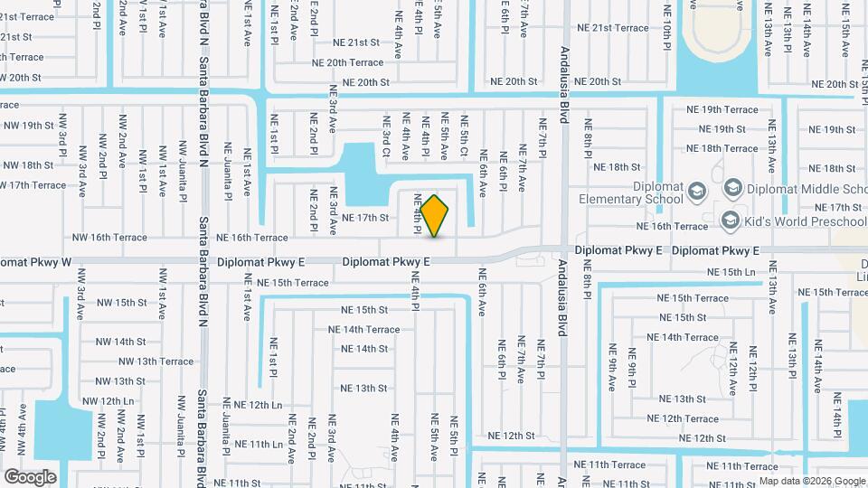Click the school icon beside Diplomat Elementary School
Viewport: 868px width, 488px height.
[696, 191]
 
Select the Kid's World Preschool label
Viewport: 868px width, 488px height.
[804, 221]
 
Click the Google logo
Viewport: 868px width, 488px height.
[30, 476]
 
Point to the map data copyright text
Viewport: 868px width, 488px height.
[812, 481]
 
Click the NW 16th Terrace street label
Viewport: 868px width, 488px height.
[108, 238]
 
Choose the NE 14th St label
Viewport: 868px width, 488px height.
[364, 349]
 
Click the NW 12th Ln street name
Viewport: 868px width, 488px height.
[108, 401]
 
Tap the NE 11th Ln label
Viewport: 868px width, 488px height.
[252, 444]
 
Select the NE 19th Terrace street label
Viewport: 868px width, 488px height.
[722, 109]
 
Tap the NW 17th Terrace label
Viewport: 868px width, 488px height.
[34, 185]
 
